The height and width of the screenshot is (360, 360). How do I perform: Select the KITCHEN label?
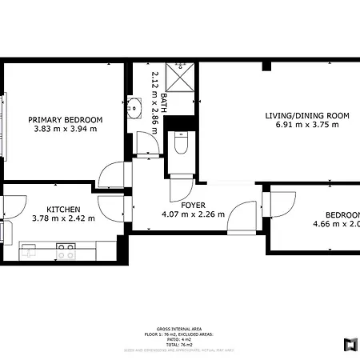[62, 207]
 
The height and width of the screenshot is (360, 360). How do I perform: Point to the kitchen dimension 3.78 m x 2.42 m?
[62, 217]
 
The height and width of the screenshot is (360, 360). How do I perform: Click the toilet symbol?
[180, 145]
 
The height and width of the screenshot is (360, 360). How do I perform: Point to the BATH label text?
[164, 101]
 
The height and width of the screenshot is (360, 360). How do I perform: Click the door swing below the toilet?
[182, 189]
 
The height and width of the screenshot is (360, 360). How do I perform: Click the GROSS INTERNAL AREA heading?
[179, 329]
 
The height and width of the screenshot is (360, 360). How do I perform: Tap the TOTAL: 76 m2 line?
[179, 345]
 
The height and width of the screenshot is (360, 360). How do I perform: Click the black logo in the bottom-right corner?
[349, 344]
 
